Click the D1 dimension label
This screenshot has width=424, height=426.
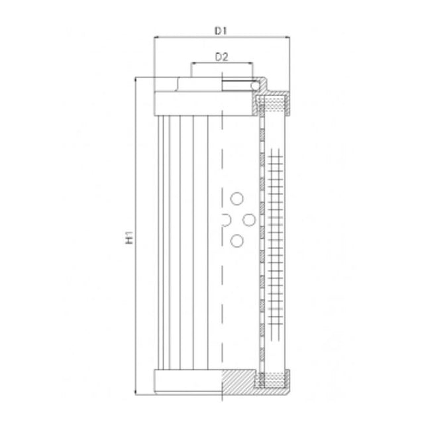[221, 30]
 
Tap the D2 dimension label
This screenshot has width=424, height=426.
[222, 57]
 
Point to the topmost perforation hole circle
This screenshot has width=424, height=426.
[237, 198]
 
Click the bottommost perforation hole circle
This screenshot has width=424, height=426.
[237, 242]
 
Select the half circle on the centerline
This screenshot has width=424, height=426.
[225, 220]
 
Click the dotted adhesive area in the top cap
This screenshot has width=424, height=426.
[272, 103]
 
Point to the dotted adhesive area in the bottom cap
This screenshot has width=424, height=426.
[272, 380]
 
